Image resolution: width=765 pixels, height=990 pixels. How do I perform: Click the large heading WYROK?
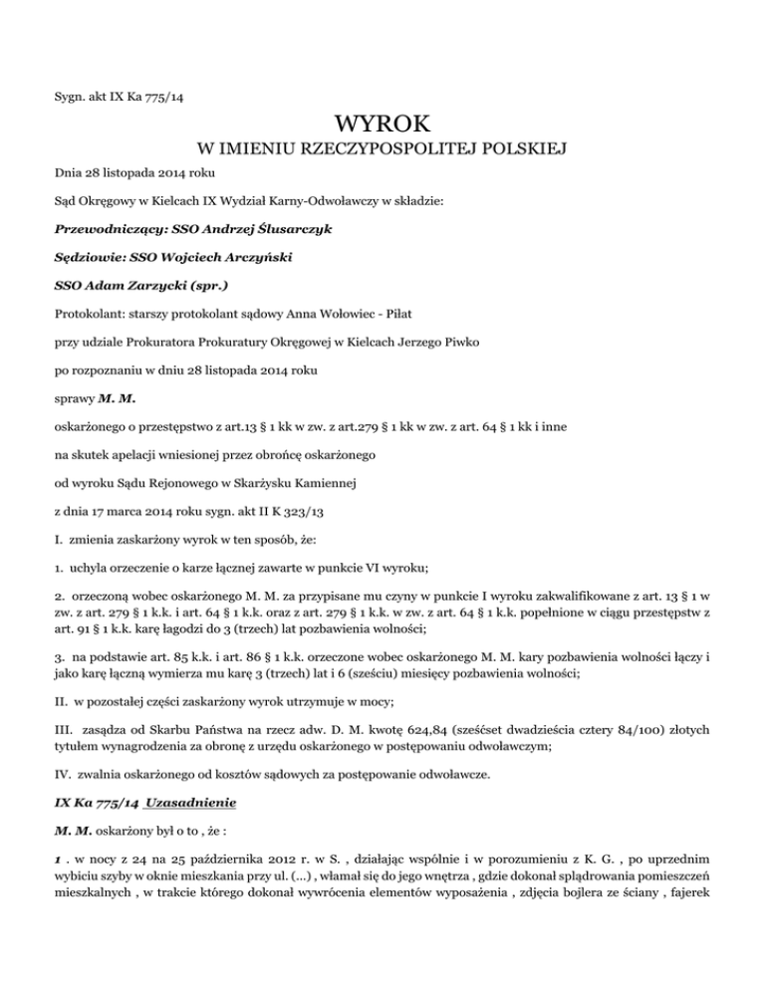(382, 126)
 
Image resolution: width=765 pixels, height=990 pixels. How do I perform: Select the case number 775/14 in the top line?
(174, 97)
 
